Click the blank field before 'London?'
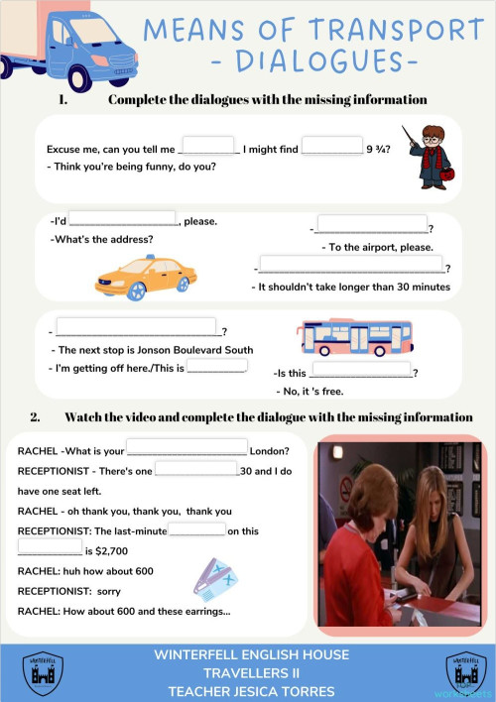186,448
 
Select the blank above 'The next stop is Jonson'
137,326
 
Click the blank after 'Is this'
361,370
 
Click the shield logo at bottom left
42,672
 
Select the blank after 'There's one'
196,468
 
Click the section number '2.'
35,416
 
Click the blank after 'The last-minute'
196,529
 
